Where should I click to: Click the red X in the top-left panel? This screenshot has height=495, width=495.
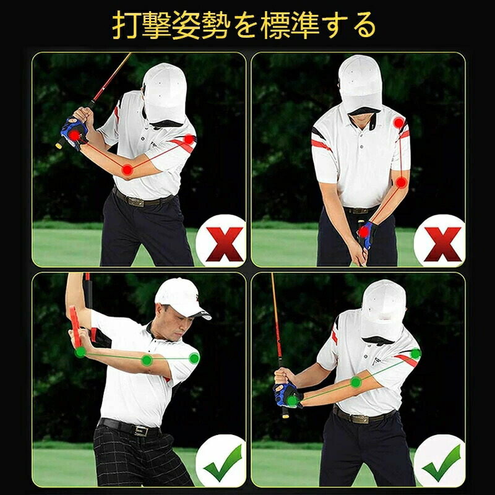click(224, 244)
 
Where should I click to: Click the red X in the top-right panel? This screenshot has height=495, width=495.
click(442, 244)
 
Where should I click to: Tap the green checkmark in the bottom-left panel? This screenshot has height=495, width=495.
click(224, 462)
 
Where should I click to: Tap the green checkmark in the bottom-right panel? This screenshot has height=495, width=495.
click(442, 462)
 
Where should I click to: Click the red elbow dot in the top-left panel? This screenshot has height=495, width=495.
click(127, 170)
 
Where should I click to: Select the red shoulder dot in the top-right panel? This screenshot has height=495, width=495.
click(398, 123)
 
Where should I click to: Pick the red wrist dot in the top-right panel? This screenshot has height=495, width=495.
click(363, 233)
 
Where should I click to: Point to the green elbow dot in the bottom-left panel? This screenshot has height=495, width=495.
click(147, 360)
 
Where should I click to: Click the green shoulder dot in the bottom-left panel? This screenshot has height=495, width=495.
click(194, 358)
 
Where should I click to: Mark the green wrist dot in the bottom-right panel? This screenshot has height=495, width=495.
click(292, 400)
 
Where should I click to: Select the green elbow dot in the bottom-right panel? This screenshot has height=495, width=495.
click(356, 382)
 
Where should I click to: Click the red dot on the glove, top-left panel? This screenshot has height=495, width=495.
click(74, 136)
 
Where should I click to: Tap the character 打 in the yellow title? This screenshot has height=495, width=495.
click(126, 25)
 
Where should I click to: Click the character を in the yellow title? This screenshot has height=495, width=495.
click(244, 25)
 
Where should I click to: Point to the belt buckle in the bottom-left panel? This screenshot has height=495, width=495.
click(141, 431)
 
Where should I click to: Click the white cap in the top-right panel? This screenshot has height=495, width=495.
click(360, 84)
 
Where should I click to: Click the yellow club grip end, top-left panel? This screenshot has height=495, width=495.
click(58, 145)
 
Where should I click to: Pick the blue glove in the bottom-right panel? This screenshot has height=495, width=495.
click(286, 395)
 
